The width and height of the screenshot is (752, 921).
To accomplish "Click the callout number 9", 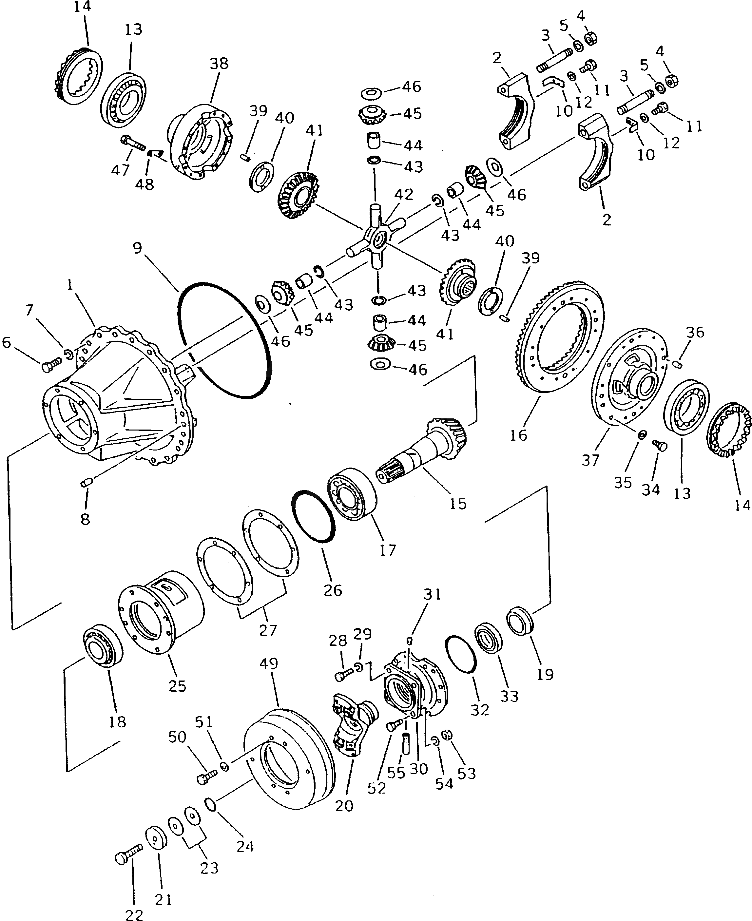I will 137,248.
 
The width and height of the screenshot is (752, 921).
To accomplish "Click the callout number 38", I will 219,64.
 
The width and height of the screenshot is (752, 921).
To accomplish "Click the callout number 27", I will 268,629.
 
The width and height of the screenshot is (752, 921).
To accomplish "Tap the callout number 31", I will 432,594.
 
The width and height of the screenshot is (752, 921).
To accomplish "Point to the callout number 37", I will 590,460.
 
